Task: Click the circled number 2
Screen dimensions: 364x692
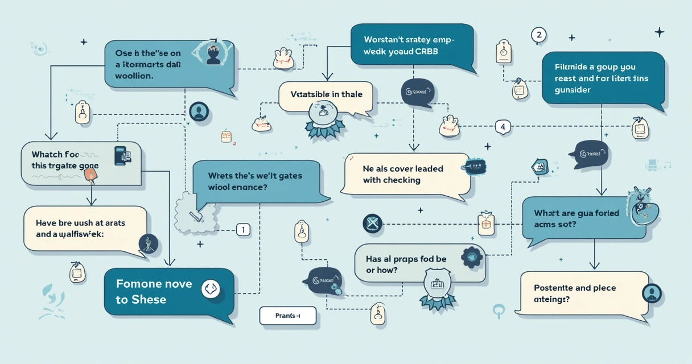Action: (538, 35)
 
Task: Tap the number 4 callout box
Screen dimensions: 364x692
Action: (502, 126)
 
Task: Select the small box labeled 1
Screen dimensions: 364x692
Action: (243, 230)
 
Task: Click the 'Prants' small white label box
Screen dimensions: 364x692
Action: (287, 316)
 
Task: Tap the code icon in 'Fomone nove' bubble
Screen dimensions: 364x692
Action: (210, 289)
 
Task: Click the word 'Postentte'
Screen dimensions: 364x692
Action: (557, 288)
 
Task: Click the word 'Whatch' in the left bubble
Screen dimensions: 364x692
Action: (47, 154)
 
